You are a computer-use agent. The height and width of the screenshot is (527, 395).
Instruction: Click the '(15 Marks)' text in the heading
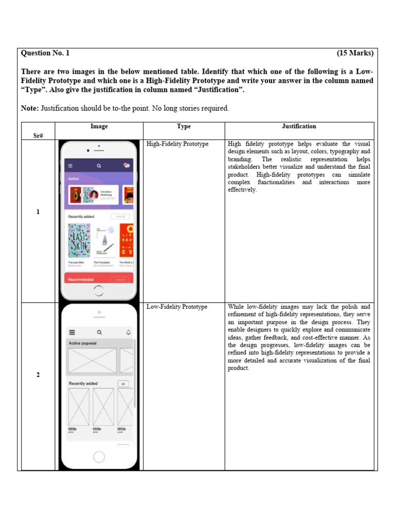[x=355, y=53]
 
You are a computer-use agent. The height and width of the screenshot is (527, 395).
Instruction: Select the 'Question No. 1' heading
[x=45, y=53]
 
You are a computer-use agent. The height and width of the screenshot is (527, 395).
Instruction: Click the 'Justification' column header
[x=299, y=126]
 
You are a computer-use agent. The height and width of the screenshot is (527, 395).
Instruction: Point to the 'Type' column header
[x=184, y=126]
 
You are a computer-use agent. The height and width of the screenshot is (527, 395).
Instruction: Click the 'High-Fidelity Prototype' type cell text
[x=177, y=144]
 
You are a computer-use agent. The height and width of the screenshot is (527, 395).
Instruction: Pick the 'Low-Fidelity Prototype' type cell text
[x=177, y=307]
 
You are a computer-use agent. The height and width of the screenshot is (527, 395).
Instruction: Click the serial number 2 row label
[x=38, y=375]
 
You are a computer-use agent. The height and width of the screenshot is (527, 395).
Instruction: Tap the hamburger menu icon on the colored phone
[x=70, y=166]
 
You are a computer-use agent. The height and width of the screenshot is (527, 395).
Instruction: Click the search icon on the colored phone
[x=99, y=166]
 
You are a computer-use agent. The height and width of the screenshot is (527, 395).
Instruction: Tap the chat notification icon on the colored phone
[x=126, y=165]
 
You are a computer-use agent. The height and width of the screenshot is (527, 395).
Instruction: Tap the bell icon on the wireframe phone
[x=128, y=332]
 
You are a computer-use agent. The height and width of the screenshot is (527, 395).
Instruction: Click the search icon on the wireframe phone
[x=99, y=332]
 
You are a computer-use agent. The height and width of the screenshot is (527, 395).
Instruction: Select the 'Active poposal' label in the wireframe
[x=82, y=343]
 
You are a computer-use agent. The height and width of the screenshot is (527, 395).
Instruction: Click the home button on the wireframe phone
[x=99, y=456]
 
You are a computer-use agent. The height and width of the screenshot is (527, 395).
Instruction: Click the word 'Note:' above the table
[x=30, y=109]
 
